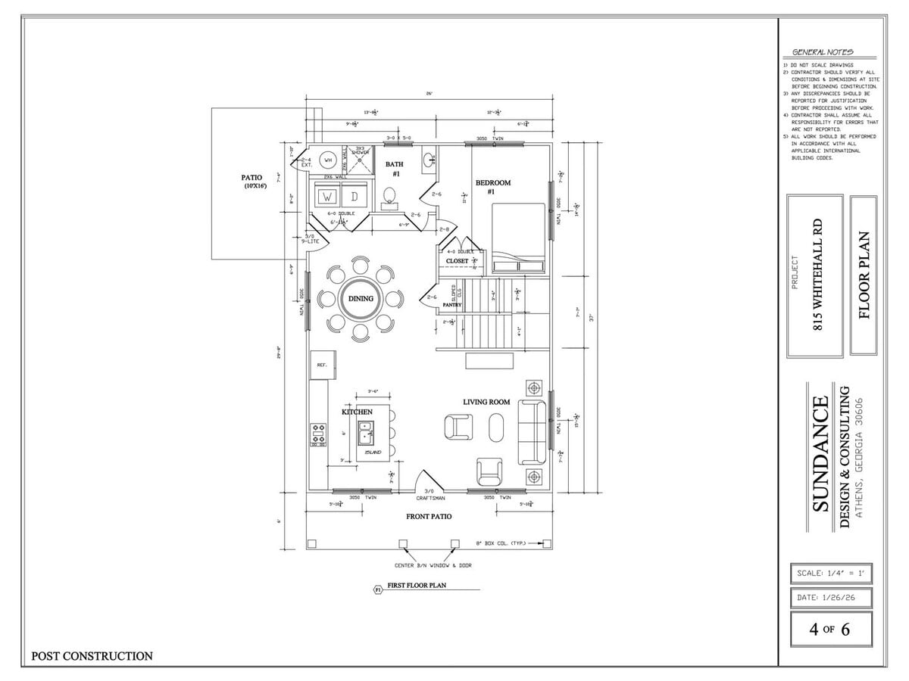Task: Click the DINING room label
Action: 361,298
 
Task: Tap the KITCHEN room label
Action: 356,412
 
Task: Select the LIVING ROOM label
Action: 486,402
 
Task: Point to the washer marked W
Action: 329,197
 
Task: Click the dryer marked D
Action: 353,197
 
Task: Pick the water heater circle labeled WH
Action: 329,160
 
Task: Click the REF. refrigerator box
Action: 321,365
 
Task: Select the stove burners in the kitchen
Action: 318,434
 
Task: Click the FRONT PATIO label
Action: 429,516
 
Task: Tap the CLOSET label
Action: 457,261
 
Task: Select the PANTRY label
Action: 452,305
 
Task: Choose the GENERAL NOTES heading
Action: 823,52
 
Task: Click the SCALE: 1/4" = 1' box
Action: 830,573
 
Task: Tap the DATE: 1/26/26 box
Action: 830,598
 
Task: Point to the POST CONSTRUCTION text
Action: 92,656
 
